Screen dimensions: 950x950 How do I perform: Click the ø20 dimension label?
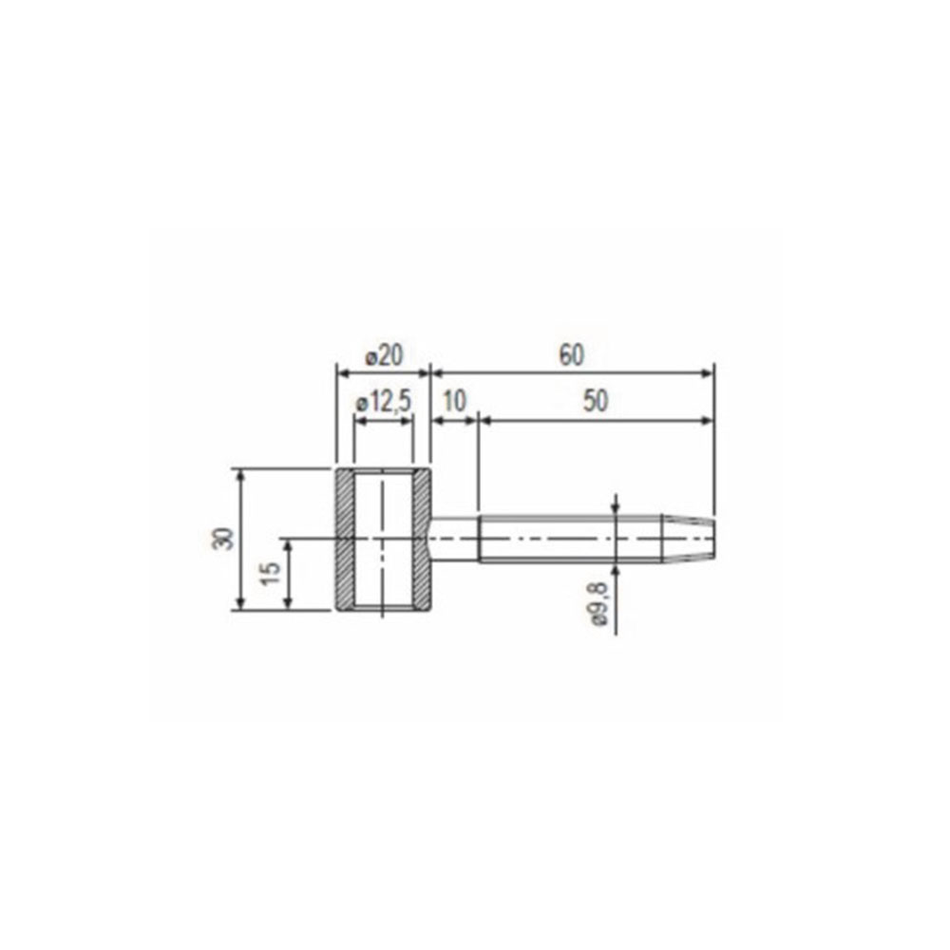[x=384, y=355]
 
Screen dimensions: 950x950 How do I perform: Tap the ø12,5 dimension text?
[x=384, y=401]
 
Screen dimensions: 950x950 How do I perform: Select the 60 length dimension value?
[x=571, y=355]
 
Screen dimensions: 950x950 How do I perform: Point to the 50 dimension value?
[x=595, y=401]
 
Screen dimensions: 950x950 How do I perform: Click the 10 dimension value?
[x=454, y=401]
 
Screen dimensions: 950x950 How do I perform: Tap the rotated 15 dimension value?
[x=271, y=573]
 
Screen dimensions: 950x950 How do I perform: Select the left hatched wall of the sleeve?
[x=346, y=540]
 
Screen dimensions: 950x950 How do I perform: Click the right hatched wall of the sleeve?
[x=422, y=540]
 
